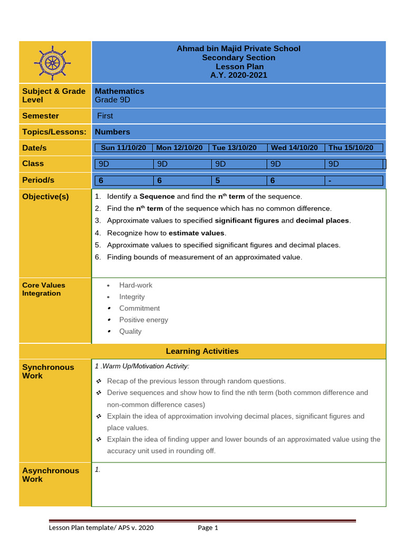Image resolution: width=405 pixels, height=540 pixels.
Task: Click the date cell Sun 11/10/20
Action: [x=123, y=148]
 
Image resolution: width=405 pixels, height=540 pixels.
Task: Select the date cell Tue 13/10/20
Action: [x=238, y=148]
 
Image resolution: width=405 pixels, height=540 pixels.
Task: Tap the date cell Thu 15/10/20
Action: [x=351, y=148]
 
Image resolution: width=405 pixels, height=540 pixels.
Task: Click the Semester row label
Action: [x=41, y=116]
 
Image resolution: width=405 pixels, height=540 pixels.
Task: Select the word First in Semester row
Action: [x=105, y=116]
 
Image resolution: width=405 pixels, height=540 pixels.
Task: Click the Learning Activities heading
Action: [x=202, y=351]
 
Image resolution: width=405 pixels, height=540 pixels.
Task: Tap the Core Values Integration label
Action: [x=44, y=289]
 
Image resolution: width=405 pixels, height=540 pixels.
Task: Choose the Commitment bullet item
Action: [x=139, y=308]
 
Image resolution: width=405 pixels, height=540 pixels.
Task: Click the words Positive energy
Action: [x=143, y=320]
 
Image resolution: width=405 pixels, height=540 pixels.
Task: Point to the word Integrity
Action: [x=132, y=297]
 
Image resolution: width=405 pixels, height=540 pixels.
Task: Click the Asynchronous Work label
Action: [x=51, y=475]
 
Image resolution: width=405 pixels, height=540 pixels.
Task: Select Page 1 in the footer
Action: [x=208, y=528]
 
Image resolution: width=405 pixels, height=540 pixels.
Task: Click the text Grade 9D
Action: [x=112, y=100]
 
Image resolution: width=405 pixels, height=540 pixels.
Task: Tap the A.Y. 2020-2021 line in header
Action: [x=238, y=75]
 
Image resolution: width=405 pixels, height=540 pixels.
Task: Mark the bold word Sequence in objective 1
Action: [x=157, y=197]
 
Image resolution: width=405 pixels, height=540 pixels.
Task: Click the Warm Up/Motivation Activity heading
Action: [x=142, y=366]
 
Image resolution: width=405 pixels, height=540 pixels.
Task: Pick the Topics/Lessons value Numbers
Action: [x=112, y=132]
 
